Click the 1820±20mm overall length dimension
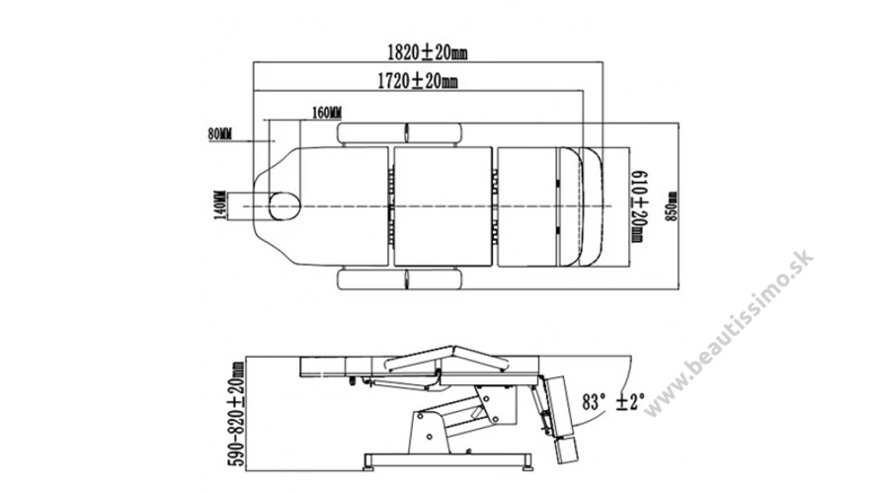(x=428, y=52)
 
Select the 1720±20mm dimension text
(x=418, y=81)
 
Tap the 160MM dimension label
(x=327, y=113)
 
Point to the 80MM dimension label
(x=220, y=134)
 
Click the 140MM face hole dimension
(x=220, y=205)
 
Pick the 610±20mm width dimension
(x=638, y=206)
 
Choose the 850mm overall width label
(x=672, y=206)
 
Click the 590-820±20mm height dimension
(x=237, y=414)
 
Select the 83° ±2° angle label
(x=613, y=401)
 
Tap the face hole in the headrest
(x=284, y=206)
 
